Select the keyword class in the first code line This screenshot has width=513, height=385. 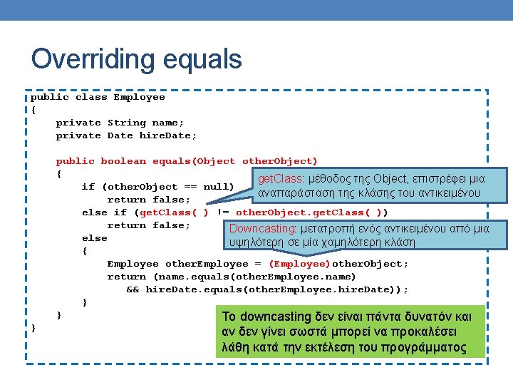(x=91, y=97)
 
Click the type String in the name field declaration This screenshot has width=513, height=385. (x=126, y=123)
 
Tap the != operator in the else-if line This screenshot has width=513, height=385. (x=222, y=212)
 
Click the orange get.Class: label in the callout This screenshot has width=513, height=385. (x=281, y=180)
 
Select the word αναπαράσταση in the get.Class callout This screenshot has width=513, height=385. (x=293, y=194)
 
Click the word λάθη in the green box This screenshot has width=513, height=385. (x=235, y=348)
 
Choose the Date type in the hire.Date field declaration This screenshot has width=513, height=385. (x=120, y=135)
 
